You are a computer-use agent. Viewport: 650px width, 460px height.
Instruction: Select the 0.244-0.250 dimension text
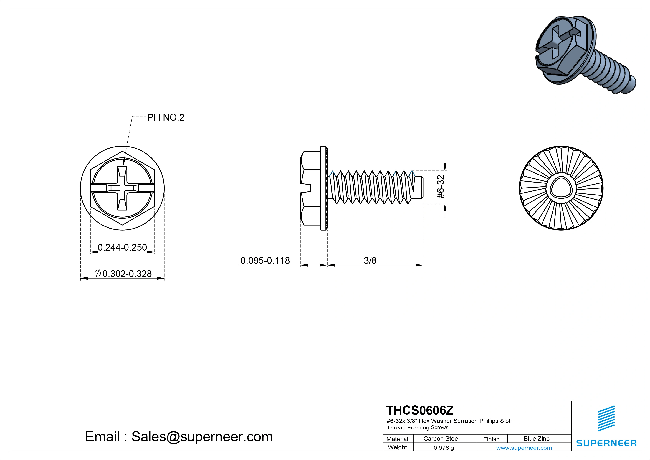click(122, 247)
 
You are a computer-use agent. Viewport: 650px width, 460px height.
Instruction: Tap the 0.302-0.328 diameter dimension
click(127, 274)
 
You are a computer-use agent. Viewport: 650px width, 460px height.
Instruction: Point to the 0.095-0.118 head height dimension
click(265, 260)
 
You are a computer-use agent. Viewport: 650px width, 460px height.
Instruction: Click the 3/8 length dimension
click(370, 260)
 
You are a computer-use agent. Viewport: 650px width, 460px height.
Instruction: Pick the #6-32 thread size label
click(441, 187)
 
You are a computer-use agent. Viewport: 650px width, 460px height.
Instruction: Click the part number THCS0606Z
click(420, 410)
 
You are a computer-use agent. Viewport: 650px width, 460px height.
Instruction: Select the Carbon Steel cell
click(441, 438)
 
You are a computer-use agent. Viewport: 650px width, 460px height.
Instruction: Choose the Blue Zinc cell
click(536, 438)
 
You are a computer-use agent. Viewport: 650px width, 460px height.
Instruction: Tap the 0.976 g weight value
click(444, 448)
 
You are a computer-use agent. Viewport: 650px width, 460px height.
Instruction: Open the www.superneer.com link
click(524, 448)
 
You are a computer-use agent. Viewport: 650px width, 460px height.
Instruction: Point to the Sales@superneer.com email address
click(202, 436)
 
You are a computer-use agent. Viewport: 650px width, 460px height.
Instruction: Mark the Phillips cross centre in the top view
click(122, 188)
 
